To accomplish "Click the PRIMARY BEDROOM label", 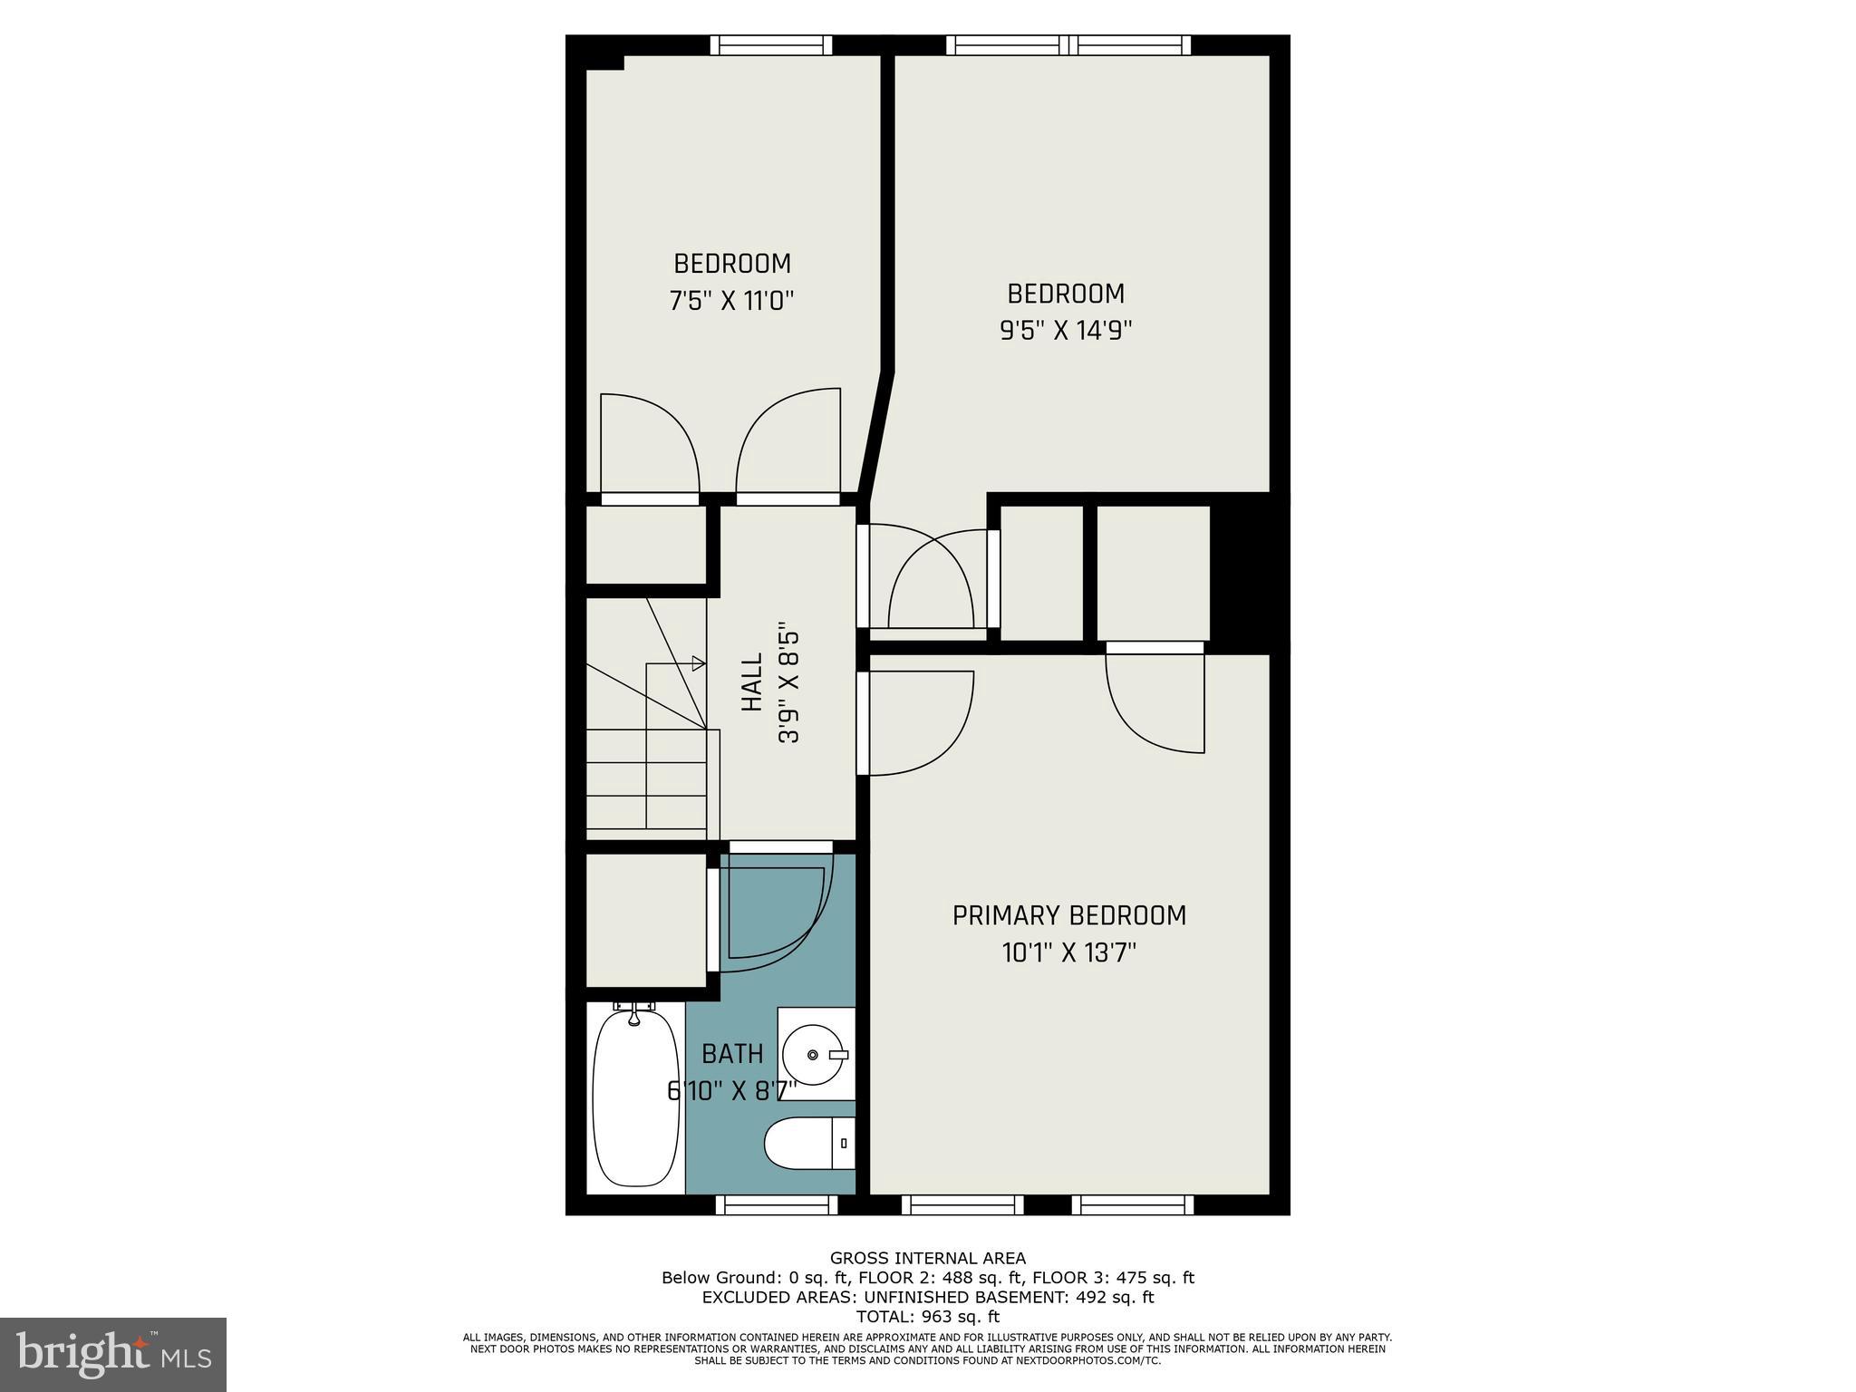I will point(1068,915).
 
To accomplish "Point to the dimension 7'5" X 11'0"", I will point(731,301).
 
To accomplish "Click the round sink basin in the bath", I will point(813,1054).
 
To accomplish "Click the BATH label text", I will point(732,1054).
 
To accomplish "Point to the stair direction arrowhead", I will point(699,663).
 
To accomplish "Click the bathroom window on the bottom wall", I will point(777,1204).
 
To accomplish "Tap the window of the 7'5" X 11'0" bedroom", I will point(770,45).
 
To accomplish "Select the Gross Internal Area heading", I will point(927,1258).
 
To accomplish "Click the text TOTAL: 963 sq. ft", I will point(927,1317).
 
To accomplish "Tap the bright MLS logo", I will point(112,1354).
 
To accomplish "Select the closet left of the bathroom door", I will point(645,919).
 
